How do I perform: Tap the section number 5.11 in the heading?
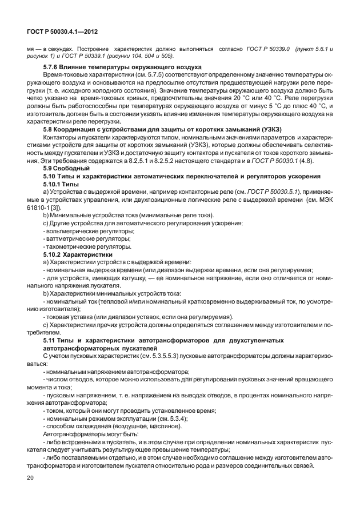(x=50, y=340)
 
